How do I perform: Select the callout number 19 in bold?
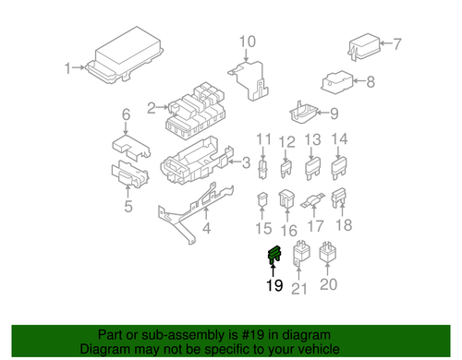coord(274,286)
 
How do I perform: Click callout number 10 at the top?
coord(247,41)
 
